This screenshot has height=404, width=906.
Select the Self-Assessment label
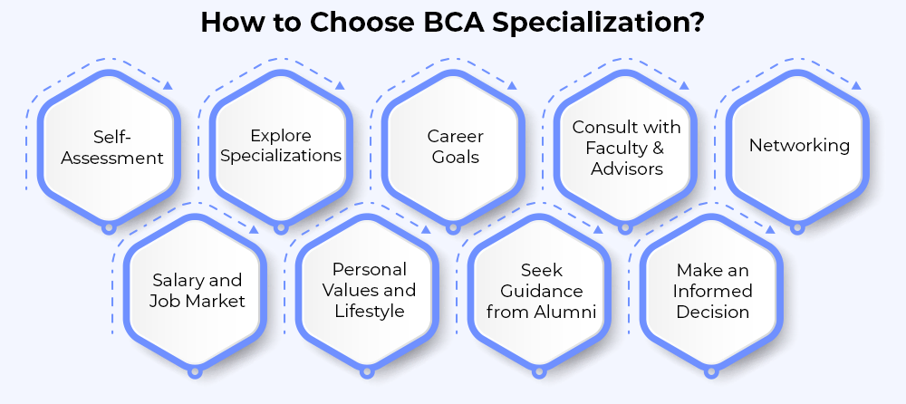pyautogui.click(x=112, y=148)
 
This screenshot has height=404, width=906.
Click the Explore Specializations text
pyautogui.click(x=281, y=146)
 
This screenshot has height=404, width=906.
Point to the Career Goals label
pyautogui.click(x=456, y=147)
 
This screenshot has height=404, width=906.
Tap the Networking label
pyautogui.click(x=799, y=145)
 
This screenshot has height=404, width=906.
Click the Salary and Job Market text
pyautogui.click(x=197, y=291)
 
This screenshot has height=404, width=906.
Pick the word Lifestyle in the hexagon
pyautogui.click(x=370, y=311)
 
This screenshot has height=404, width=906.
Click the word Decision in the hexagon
pyautogui.click(x=712, y=313)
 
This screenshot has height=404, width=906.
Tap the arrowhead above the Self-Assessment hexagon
pyautogui.click(x=168, y=85)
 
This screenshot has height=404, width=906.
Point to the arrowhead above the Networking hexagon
pyautogui.click(x=856, y=85)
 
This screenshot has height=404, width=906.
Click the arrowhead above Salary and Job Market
pyautogui.click(x=253, y=229)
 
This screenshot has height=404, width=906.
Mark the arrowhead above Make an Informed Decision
pyautogui.click(x=769, y=229)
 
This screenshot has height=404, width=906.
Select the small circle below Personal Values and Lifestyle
pyautogui.click(x=367, y=373)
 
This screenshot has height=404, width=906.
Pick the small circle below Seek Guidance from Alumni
pyautogui.click(x=538, y=373)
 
